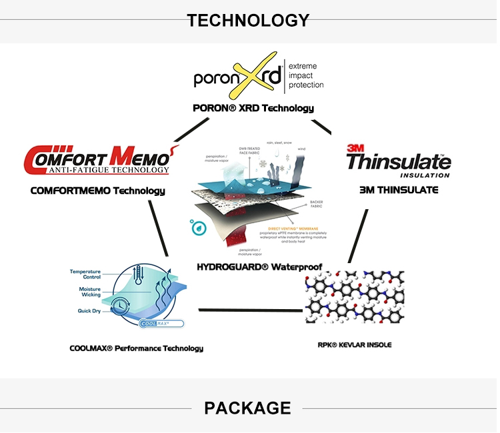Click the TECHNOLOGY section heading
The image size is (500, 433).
(x=248, y=20)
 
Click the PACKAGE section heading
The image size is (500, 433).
(x=247, y=408)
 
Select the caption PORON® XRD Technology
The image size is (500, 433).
(x=253, y=108)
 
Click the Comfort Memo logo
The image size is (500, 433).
(x=97, y=159)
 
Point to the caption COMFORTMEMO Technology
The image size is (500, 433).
(x=97, y=191)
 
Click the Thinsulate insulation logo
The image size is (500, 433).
(x=398, y=161)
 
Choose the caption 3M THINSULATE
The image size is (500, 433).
(x=399, y=190)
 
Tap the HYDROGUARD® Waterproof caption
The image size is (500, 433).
(x=259, y=267)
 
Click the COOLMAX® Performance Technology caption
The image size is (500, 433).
(x=136, y=348)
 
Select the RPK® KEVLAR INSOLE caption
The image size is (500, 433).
(x=355, y=344)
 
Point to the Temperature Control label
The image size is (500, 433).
(x=85, y=274)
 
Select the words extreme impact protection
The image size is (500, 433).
(x=306, y=76)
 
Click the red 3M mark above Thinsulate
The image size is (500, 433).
(x=353, y=148)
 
